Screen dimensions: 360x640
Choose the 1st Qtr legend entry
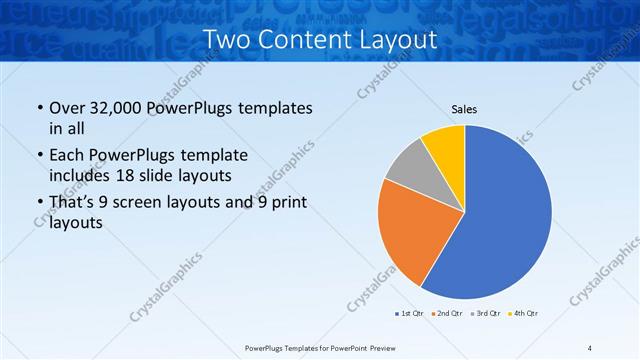410,314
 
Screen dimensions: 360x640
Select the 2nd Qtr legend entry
446,314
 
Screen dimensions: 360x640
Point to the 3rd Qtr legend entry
485,314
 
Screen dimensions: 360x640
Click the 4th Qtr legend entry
523,314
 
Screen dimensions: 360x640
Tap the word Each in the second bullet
67,155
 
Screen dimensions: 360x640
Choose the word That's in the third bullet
75,203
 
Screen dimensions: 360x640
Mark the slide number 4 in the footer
590,347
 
